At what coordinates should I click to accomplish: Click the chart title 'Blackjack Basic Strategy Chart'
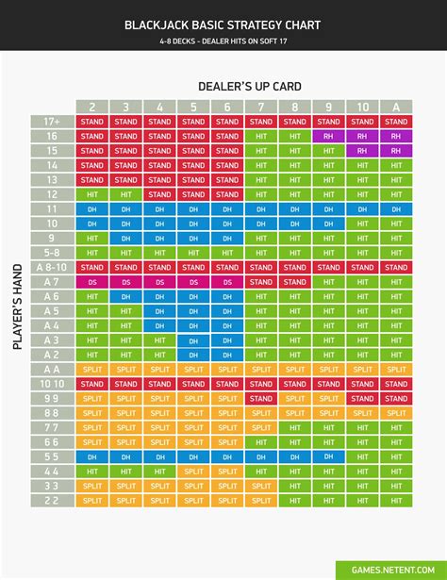pyautogui.click(x=223, y=25)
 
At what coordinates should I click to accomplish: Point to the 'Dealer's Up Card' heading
pyautogui.click(x=243, y=88)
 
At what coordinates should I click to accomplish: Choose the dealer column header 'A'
pyautogui.click(x=396, y=107)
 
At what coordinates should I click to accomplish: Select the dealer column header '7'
pyautogui.click(x=261, y=107)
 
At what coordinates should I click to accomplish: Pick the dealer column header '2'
pyautogui.click(x=92, y=107)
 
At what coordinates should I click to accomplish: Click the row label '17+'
pyautogui.click(x=52, y=122)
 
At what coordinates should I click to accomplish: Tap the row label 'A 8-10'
pyautogui.click(x=52, y=267)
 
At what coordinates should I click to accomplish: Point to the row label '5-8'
pyautogui.click(x=52, y=253)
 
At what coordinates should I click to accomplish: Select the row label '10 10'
pyautogui.click(x=52, y=384)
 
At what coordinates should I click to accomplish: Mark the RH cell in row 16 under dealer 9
pyautogui.click(x=328, y=136)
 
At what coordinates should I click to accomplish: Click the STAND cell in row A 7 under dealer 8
pyautogui.click(x=295, y=282)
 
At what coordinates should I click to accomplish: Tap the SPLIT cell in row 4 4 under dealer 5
pyautogui.click(x=193, y=472)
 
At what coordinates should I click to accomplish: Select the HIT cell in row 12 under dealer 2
pyautogui.click(x=92, y=194)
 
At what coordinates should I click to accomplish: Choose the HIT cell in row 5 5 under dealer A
pyautogui.click(x=396, y=456)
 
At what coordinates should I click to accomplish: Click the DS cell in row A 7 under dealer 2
pyautogui.click(x=92, y=282)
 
